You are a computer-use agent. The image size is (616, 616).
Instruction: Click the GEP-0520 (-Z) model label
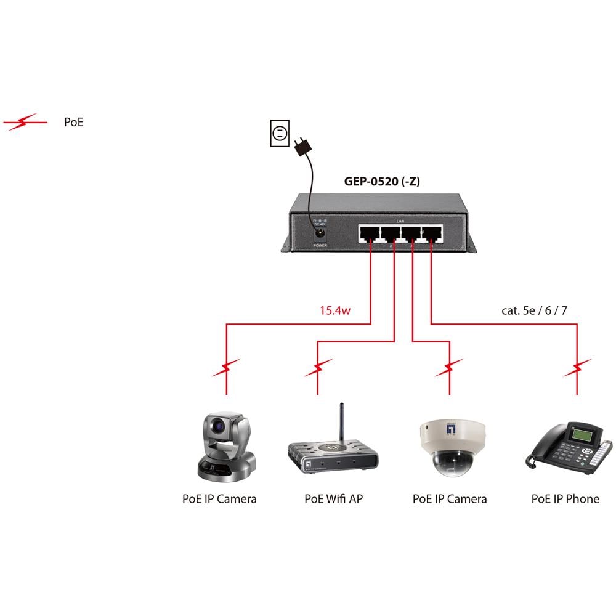click(x=382, y=182)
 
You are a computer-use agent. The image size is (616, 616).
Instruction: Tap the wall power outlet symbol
click(x=279, y=134)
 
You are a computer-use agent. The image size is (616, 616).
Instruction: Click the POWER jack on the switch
click(x=320, y=233)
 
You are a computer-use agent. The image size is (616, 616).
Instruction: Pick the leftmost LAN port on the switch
click(x=370, y=233)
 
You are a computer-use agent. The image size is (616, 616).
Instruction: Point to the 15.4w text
click(x=334, y=310)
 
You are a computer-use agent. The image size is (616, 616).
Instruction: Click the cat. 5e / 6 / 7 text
click(x=534, y=310)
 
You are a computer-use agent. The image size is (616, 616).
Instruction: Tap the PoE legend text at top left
click(x=73, y=122)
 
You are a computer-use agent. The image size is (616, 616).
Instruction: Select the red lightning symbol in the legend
click(x=25, y=122)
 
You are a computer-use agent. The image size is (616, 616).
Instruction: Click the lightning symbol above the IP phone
click(x=577, y=368)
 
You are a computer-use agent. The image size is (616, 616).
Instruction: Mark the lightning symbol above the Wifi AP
click(x=318, y=368)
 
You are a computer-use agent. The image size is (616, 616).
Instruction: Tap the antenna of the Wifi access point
click(x=341, y=424)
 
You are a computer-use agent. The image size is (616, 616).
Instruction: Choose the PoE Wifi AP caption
click(x=333, y=499)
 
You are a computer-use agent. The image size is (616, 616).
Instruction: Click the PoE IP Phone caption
click(x=565, y=499)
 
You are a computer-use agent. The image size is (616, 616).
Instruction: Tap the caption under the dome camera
click(x=449, y=499)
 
